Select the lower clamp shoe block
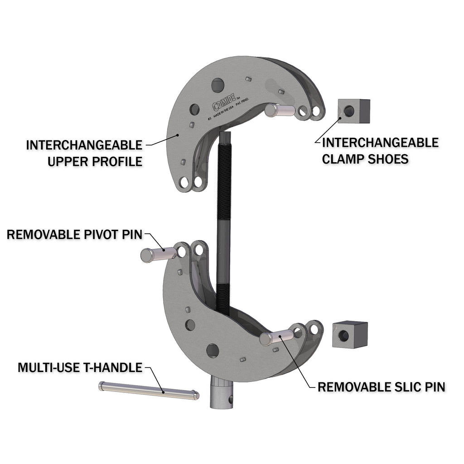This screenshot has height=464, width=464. [349, 334]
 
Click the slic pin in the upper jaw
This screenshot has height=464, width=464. [279, 109]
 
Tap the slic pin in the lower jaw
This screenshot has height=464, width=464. [277, 337]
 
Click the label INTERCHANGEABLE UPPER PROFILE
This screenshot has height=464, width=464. [84, 153]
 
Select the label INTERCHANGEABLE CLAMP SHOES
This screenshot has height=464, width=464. [380, 150]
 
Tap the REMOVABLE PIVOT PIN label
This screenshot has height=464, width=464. [74, 234]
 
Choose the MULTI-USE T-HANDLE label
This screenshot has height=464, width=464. [80, 367]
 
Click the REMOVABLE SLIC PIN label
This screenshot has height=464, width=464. [381, 387]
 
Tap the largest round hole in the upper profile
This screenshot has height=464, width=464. [218, 85]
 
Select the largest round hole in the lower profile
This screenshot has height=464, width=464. [213, 350]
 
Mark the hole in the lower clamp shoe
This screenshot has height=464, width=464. [343, 336]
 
